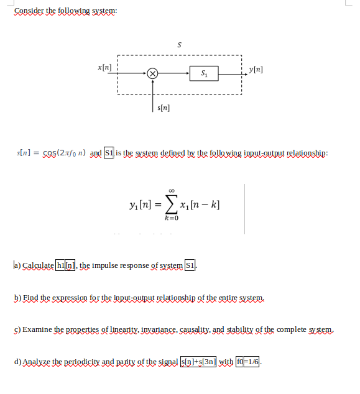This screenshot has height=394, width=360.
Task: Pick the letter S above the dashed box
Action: click(x=180, y=45)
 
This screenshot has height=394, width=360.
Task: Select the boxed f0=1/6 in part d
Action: click(x=249, y=360)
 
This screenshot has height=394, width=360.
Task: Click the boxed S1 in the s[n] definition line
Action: click(x=109, y=152)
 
